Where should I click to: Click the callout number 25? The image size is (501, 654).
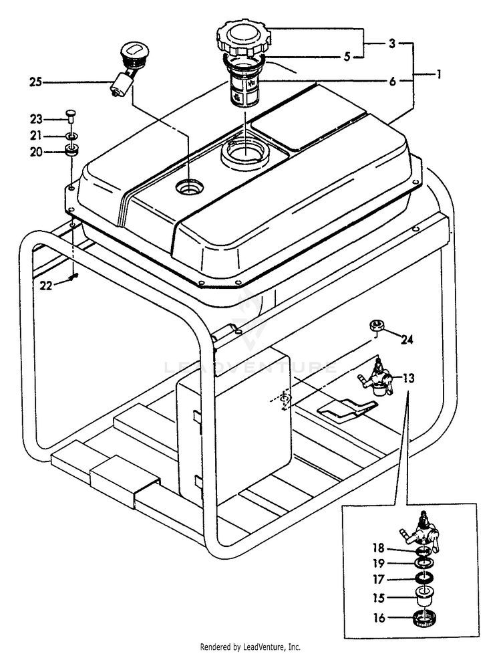click(36, 82)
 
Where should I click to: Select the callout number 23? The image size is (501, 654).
click(36, 119)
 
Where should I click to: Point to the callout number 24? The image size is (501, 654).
click(406, 340)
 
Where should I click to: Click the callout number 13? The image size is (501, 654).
click(409, 378)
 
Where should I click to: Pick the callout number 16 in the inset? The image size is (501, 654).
click(379, 618)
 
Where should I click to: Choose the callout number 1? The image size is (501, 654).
click(439, 75)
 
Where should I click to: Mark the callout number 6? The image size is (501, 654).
click(392, 81)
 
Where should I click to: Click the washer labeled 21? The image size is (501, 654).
click(70, 136)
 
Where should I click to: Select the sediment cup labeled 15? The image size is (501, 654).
click(422, 597)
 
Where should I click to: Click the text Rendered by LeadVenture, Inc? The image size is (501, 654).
click(251, 647)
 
